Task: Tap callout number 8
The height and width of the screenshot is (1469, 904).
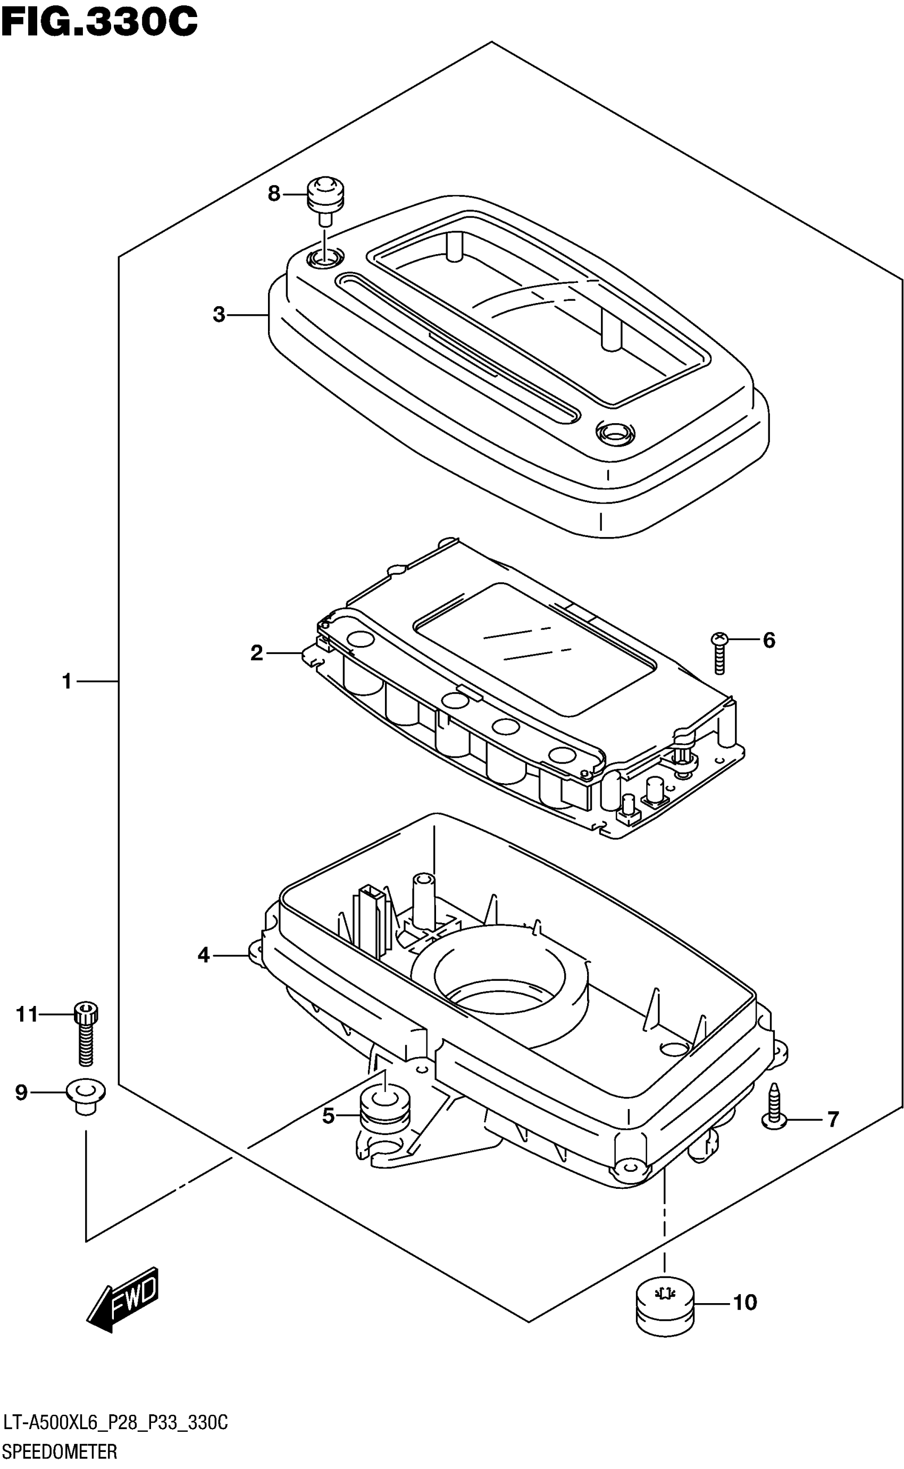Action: click(x=274, y=194)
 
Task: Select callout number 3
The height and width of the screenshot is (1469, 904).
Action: click(x=219, y=314)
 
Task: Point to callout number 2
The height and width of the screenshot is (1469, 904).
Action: click(x=256, y=653)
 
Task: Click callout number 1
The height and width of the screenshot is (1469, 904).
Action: click(x=67, y=681)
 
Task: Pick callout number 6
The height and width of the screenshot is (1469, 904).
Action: click(x=769, y=640)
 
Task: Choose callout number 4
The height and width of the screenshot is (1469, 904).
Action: click(x=204, y=955)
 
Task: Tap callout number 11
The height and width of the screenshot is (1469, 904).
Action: click(x=27, y=1014)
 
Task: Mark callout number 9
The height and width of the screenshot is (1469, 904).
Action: click(x=21, y=1093)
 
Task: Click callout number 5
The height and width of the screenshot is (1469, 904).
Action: click(x=328, y=1116)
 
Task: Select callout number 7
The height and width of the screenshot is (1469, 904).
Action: click(x=833, y=1119)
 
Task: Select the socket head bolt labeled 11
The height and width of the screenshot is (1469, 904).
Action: click(x=86, y=1032)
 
